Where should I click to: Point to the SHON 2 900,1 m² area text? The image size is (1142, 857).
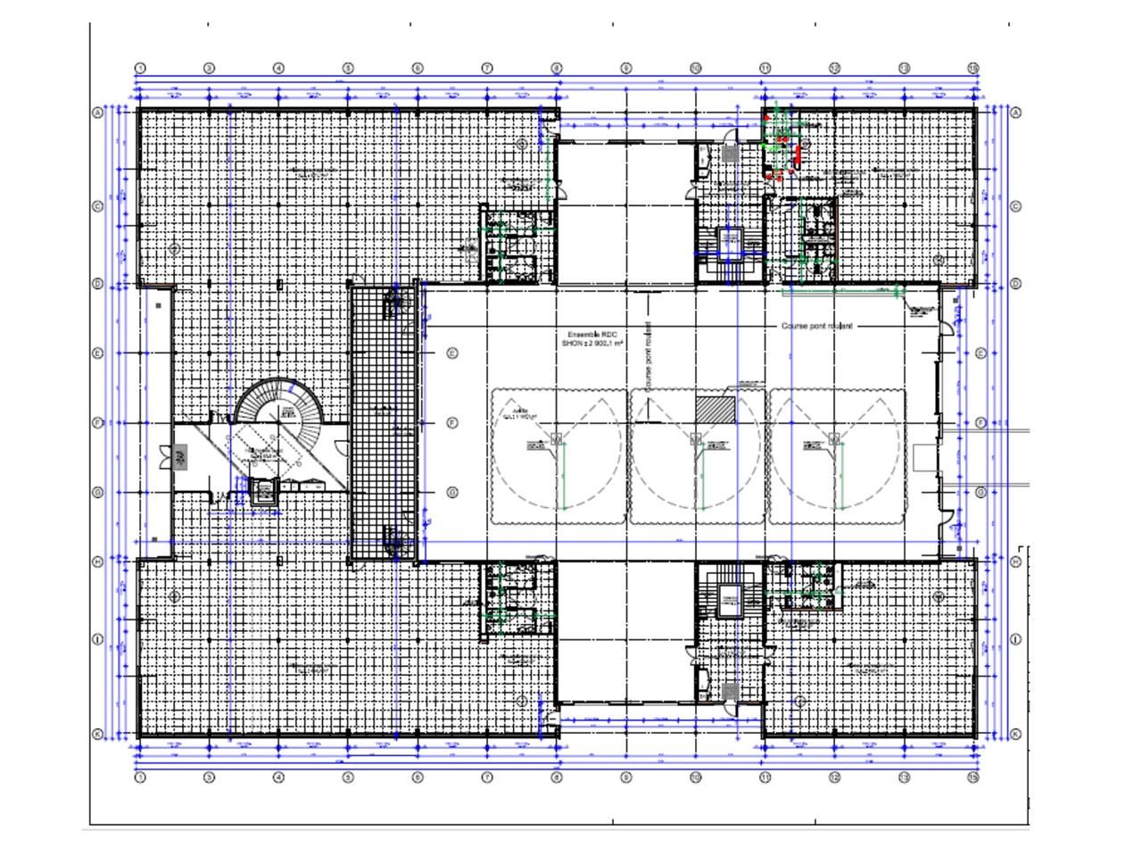pos(592,343)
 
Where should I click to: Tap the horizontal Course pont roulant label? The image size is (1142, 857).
pos(816,326)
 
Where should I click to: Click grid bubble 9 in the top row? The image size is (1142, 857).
pos(626,68)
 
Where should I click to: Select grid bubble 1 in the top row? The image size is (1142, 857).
pos(140,68)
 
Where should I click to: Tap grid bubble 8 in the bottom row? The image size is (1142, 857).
pos(557,777)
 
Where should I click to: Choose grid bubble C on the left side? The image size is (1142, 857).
pos(98,206)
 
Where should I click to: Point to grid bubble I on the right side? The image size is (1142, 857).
pos(1015,640)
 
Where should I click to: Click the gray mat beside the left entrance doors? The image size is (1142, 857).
pos(181,459)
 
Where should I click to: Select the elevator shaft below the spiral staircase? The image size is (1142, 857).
pos(263,492)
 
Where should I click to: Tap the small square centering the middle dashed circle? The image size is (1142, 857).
pos(696,437)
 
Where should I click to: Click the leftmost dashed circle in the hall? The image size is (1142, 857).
pos(557,455)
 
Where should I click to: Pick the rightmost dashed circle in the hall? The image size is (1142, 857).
pos(835,455)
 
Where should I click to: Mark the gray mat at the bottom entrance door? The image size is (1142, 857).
pos(731,691)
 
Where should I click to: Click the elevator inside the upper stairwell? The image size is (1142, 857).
pos(731,240)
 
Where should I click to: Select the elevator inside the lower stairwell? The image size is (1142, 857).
pos(731,601)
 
